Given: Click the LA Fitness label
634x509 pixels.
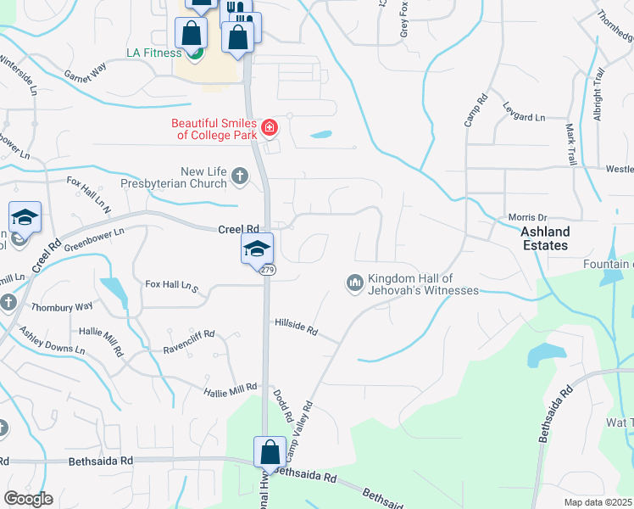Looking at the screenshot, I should click(153, 53).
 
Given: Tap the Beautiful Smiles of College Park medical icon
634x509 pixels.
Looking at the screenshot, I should click(270, 128).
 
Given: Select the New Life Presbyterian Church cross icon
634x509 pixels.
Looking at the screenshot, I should click(240, 176).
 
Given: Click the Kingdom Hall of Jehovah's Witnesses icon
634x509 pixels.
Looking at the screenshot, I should click(355, 282).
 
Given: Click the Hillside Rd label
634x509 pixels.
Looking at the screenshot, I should click(296, 327).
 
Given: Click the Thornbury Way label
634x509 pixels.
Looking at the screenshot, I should click(61, 307).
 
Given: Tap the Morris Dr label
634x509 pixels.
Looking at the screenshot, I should click(528, 217).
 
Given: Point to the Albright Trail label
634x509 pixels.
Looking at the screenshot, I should click(598, 99).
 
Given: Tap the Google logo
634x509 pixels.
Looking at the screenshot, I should click(28, 499).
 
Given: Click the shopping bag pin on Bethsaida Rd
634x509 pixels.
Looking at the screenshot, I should click(270, 452).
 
